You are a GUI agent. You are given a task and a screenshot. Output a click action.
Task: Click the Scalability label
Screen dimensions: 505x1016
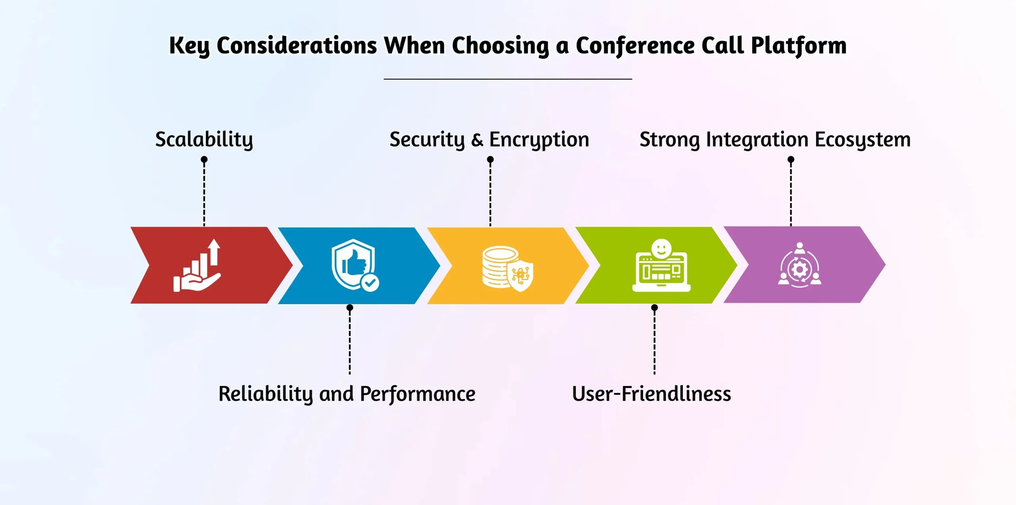click(204, 140)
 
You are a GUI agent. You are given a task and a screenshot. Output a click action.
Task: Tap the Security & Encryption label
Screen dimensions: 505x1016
click(489, 140)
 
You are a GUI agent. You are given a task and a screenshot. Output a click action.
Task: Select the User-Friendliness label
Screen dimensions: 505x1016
click(651, 394)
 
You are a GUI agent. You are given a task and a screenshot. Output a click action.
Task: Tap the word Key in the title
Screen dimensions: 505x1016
click(189, 46)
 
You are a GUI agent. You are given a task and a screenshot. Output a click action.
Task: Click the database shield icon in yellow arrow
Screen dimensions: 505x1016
click(507, 268)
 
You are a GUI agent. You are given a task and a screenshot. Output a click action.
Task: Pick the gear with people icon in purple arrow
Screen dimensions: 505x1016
click(799, 265)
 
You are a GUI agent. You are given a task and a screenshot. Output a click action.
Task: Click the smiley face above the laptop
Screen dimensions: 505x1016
click(661, 249)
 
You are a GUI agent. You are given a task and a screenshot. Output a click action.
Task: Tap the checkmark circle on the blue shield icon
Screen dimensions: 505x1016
click(370, 283)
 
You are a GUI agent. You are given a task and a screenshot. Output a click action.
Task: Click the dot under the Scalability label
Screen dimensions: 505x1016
click(204, 160)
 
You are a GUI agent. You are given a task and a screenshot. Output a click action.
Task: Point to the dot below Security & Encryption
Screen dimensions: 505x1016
click(490, 160)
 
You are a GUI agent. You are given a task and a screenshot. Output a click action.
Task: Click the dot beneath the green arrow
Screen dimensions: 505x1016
click(654, 308)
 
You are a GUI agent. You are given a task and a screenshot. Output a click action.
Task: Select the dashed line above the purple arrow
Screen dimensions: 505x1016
click(791, 195)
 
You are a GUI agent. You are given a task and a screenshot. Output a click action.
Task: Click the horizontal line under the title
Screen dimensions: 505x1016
click(508, 79)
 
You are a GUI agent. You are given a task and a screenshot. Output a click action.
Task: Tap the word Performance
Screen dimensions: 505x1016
click(417, 394)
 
